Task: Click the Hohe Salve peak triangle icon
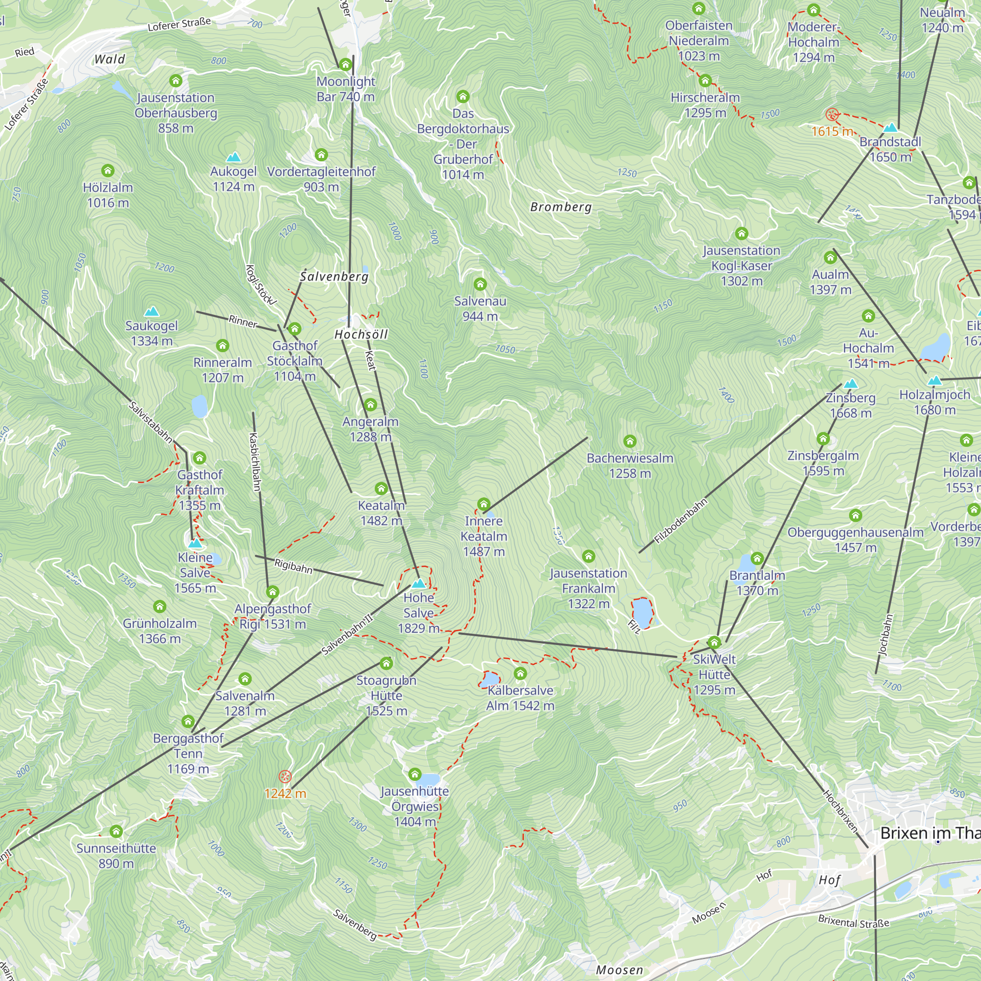point(418,583)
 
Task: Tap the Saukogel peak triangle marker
point(151,311)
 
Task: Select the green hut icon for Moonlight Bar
point(345,64)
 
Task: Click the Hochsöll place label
point(361,334)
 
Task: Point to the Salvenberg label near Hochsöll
point(334,276)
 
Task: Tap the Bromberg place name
point(561,207)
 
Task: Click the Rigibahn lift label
point(293,566)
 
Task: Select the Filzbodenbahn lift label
point(680,521)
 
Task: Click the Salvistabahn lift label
point(150,421)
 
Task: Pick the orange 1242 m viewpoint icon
point(285,776)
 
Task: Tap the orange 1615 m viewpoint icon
point(831,114)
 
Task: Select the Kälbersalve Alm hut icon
point(520,673)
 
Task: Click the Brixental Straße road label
point(853,922)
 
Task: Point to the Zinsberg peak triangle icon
point(851,384)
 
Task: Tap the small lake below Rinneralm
point(200,406)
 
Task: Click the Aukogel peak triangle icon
point(233,157)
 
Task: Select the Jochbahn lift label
point(885,635)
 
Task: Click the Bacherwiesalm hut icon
point(630,441)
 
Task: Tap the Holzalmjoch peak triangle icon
point(934,380)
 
